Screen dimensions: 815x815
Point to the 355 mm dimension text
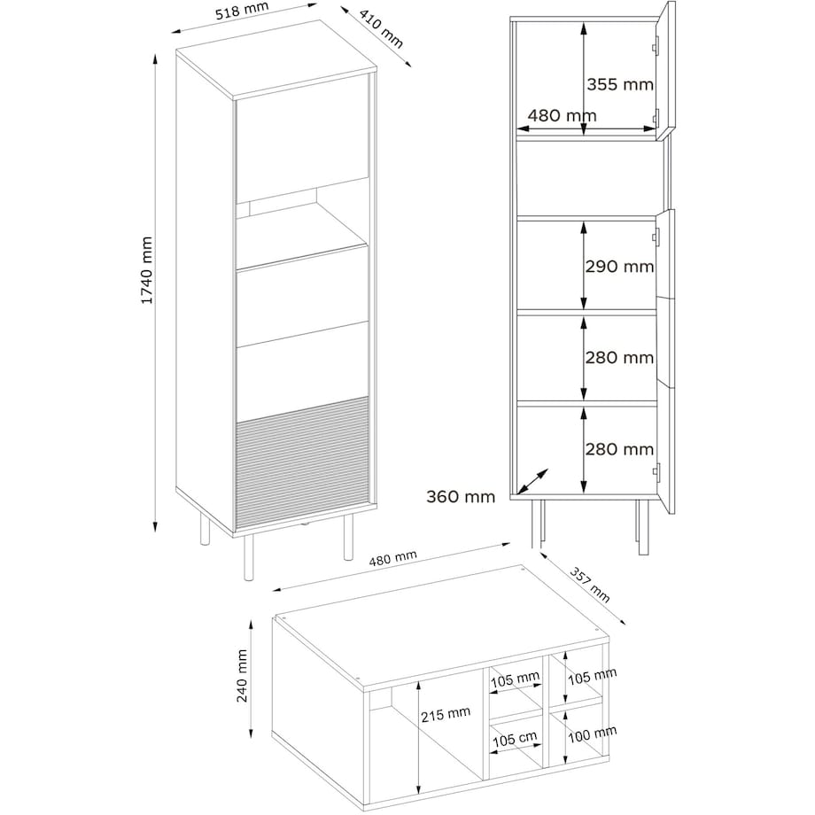click(x=619, y=85)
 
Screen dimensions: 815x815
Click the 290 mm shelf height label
click(x=619, y=267)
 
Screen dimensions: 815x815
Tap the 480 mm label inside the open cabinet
click(x=562, y=115)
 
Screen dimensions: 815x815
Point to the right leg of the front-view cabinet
click(x=640, y=527)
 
